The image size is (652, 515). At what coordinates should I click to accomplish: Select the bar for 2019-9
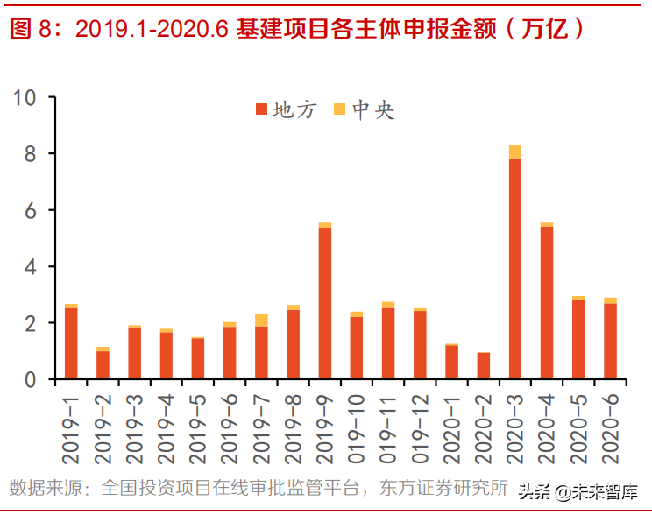click(324, 302)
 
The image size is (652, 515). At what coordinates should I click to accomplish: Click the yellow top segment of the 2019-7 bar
click(261, 320)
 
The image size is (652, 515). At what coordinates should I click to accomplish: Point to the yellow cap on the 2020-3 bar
click(514, 152)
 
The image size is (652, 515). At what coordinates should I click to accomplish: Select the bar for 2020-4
click(547, 302)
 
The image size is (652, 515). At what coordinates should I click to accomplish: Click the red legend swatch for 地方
click(261, 109)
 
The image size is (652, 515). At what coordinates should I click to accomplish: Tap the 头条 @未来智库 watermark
click(578, 491)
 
